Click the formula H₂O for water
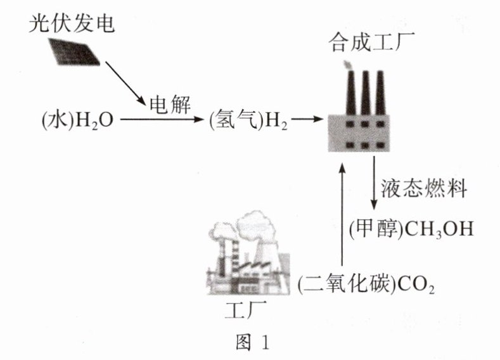pos(94,120)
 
